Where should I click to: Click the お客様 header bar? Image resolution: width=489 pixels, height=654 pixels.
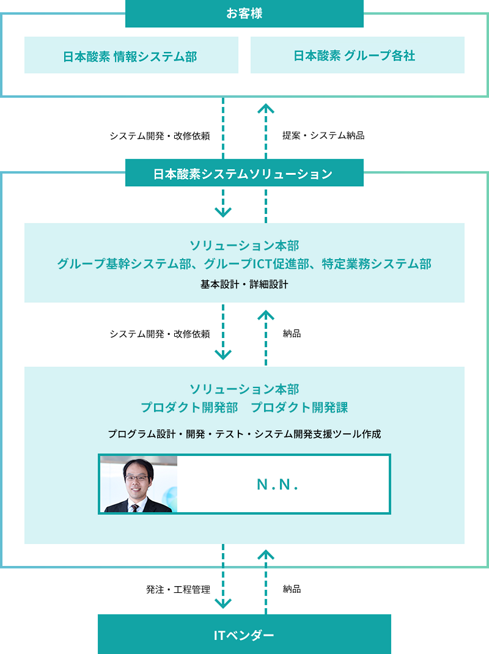(244, 13)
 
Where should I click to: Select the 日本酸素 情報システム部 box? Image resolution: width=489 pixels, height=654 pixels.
(131, 56)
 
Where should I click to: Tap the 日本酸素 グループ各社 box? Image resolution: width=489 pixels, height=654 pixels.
(357, 56)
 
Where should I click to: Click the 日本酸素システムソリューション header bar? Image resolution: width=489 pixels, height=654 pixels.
(244, 174)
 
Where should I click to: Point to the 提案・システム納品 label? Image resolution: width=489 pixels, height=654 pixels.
(323, 136)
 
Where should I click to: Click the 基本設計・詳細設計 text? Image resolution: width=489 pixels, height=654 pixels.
(244, 284)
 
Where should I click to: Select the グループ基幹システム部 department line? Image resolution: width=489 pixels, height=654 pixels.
(244, 264)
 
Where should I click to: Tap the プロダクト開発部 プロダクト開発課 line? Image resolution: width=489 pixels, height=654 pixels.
(244, 407)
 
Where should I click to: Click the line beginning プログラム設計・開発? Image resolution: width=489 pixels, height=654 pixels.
(244, 434)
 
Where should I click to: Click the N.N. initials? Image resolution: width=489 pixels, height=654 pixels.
(277, 485)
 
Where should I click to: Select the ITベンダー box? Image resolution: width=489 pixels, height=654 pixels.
(244, 634)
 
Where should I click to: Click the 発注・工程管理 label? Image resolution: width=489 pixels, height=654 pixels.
(178, 590)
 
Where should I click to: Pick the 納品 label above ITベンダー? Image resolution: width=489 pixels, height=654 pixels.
(292, 589)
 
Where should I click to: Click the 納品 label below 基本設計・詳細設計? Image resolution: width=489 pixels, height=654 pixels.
(292, 334)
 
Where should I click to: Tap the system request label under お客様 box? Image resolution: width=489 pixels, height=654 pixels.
(160, 136)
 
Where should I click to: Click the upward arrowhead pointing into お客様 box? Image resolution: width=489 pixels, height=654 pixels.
(266, 108)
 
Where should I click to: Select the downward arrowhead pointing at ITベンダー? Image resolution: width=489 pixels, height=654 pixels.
(223, 603)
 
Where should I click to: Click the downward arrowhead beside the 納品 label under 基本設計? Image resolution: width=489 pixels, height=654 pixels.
(223, 354)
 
